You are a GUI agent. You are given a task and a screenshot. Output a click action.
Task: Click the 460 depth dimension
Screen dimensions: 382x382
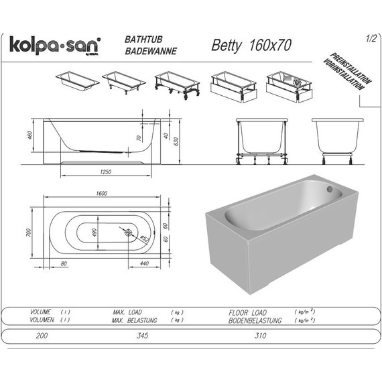pos(29,136)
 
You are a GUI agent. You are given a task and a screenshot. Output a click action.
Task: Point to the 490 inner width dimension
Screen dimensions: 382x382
pos(95,232)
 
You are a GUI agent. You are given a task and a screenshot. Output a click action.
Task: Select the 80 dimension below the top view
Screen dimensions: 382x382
pos(64,263)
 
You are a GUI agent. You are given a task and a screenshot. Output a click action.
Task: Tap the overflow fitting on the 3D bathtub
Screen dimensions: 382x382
pos(330,190)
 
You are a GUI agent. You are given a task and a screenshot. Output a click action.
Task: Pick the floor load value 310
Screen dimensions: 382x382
pos(251,335)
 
